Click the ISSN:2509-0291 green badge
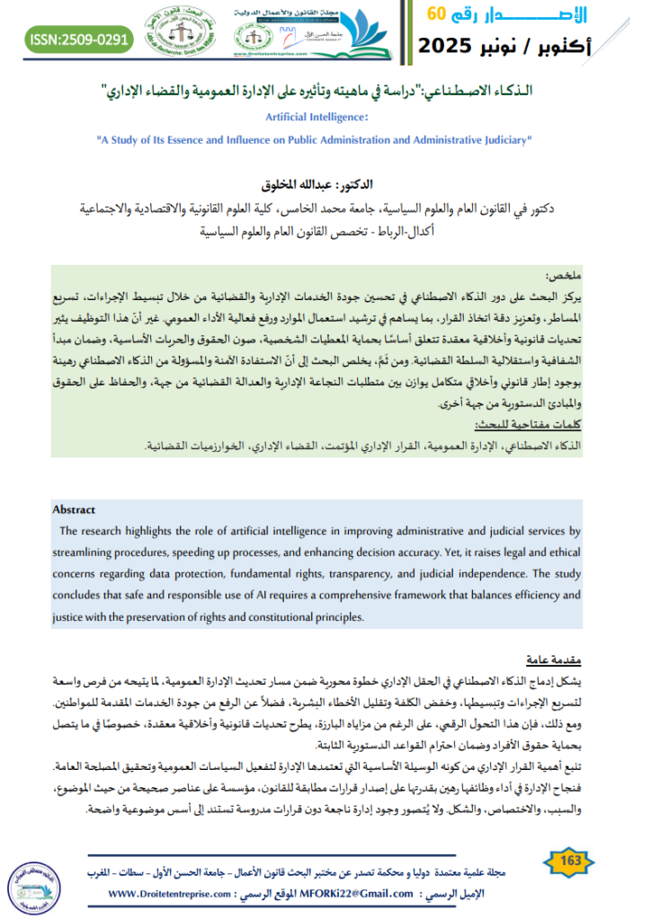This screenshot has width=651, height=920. coord(80,40)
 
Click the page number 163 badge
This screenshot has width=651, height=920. coord(569,862)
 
